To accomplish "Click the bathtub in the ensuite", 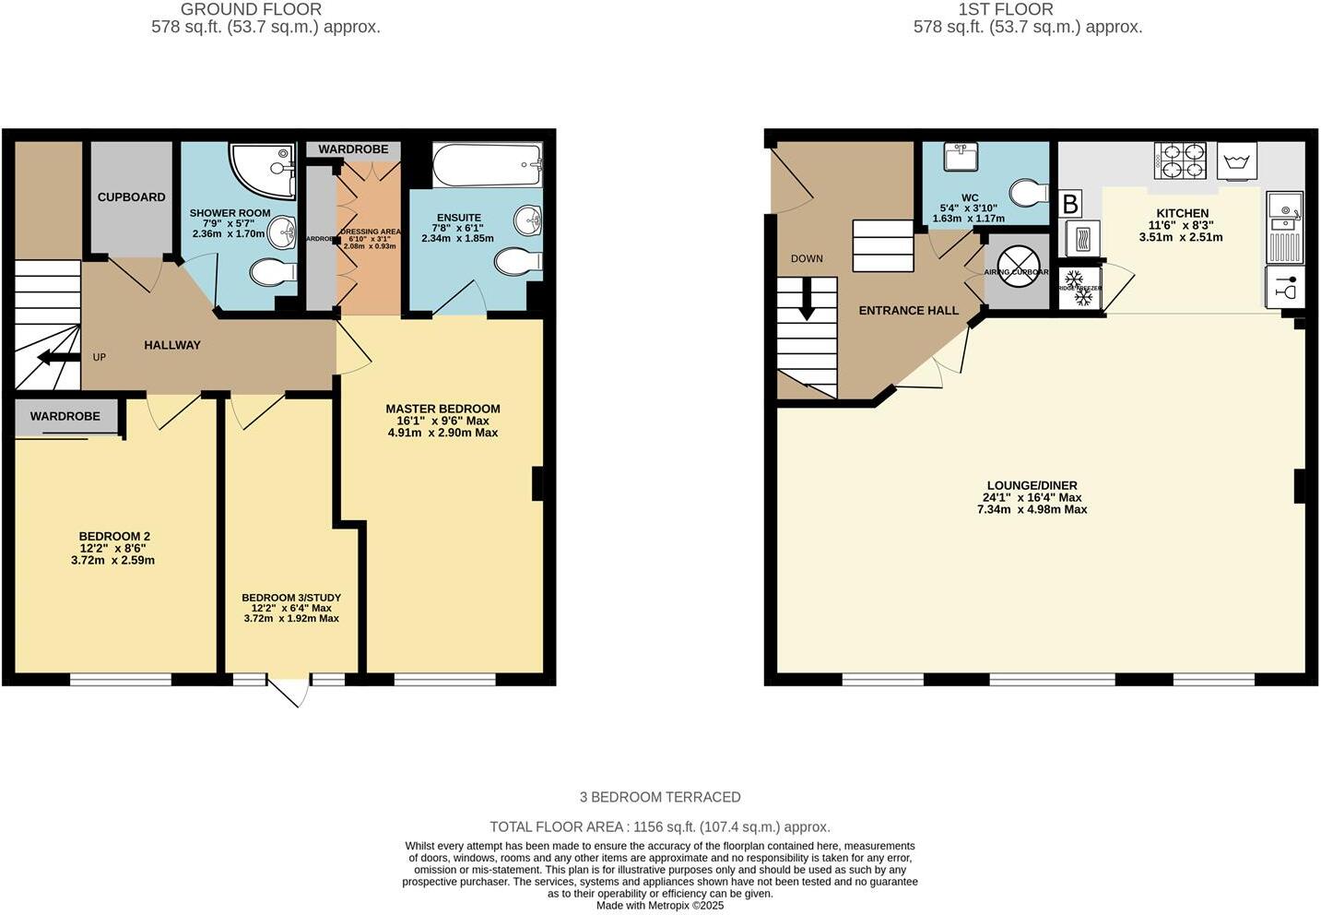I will pos(487,165).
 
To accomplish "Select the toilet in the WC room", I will pos(1028,193).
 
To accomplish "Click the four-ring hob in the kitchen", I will pos(1180,160).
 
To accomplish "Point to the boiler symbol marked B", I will pos(1069,204).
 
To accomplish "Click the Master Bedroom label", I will pos(442,409).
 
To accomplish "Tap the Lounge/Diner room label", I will pos(1032,485).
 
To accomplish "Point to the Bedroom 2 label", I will pos(114,536).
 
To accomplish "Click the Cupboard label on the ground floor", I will pos(132,196).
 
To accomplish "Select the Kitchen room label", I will pos(1182,213).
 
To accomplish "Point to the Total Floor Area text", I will pos(659,826).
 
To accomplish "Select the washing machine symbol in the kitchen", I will pos(1236,162).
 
